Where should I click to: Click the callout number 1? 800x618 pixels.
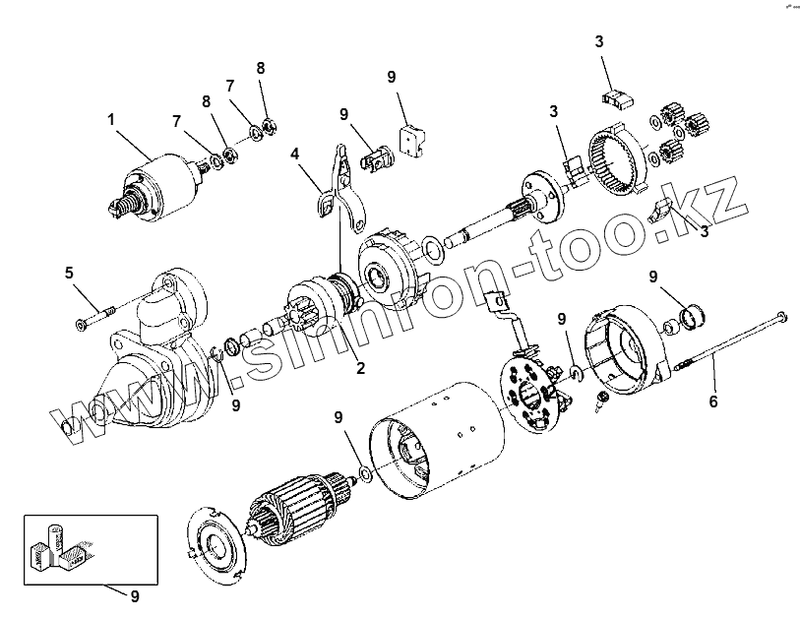coord(111,119)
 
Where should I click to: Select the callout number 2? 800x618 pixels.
coord(360,369)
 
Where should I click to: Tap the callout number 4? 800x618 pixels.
coord(294,154)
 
